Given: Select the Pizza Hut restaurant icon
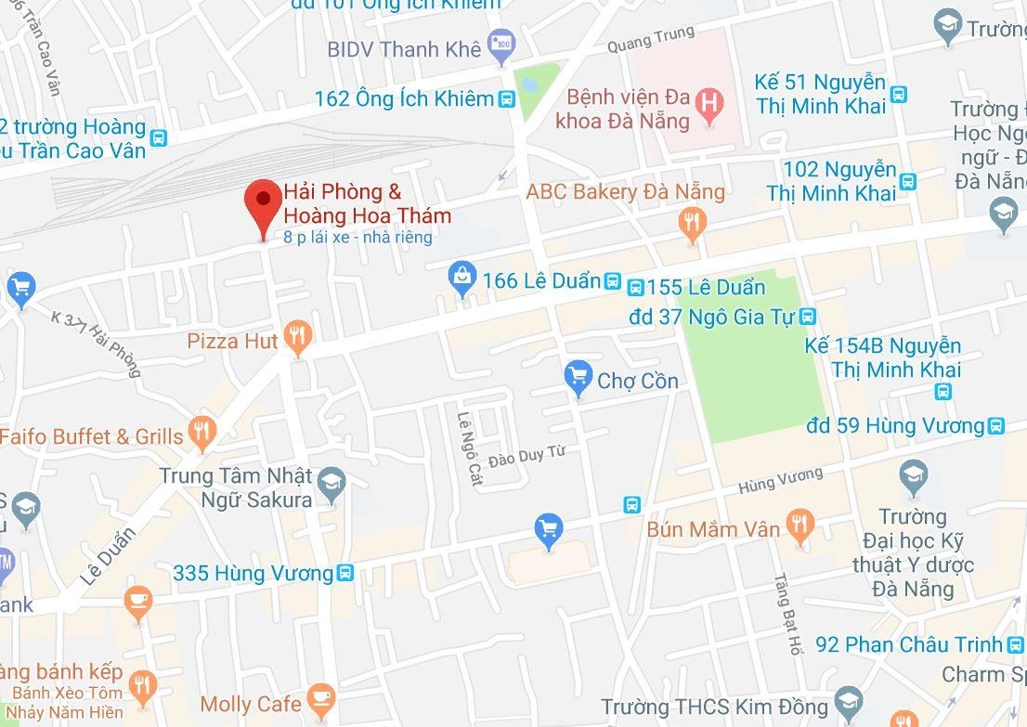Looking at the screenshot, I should [x=296, y=339].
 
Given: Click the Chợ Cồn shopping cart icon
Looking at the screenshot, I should [x=578, y=378].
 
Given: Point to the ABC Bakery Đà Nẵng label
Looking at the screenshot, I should [x=625, y=192].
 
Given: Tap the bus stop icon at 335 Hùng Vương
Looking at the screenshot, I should [x=344, y=573].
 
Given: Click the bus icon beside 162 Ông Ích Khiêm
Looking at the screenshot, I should [x=506, y=99].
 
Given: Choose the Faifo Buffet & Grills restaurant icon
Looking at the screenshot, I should [x=202, y=432].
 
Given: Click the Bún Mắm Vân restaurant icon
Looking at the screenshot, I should [x=799, y=526].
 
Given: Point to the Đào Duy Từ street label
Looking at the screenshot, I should [x=526, y=455].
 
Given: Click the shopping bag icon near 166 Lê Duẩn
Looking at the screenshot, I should [x=461, y=278].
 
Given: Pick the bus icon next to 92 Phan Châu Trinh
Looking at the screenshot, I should [x=1015, y=643].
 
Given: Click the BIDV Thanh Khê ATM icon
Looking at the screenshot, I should [x=501, y=44].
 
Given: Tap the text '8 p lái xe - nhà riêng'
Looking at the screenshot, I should [x=358, y=238].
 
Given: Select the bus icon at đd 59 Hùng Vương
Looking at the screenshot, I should [x=995, y=426].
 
